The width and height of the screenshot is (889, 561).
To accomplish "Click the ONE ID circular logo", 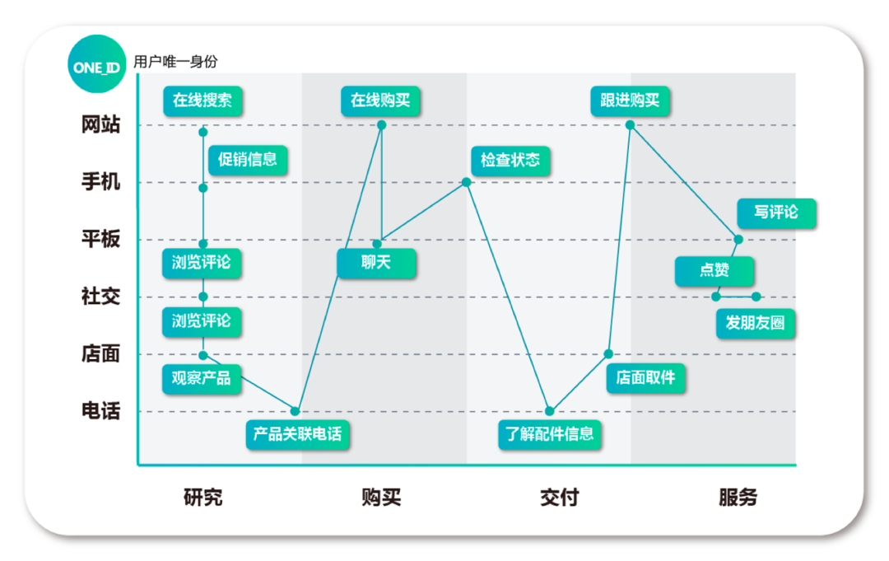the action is click(97, 63).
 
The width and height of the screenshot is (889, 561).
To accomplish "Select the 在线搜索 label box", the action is click(202, 101).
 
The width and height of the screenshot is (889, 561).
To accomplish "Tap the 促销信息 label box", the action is click(248, 159).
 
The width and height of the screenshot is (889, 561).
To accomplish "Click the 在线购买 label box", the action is click(380, 101).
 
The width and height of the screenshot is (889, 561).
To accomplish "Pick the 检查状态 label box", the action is click(510, 160).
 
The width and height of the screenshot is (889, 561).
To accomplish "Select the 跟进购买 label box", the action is click(630, 101).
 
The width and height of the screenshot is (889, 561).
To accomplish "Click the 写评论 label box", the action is click(777, 213).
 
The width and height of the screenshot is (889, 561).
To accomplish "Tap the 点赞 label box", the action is click(714, 271).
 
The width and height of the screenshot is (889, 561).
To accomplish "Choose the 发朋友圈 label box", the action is click(756, 323).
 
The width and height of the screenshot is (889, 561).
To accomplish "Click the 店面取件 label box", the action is click(646, 377).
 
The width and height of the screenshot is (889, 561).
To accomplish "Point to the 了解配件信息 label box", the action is click(550, 433).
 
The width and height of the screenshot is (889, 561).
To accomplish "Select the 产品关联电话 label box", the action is click(298, 433).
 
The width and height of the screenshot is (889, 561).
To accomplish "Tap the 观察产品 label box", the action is click(202, 378).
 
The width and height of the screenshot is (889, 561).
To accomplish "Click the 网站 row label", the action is click(100, 125).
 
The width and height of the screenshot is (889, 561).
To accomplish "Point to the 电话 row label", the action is click(100, 411).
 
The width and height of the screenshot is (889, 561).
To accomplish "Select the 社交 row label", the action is click(100, 297).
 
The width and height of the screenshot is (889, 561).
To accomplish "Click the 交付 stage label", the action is click(559, 498).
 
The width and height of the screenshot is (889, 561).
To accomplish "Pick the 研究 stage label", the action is click(202, 498).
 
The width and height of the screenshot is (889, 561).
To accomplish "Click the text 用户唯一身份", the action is click(175, 62).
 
